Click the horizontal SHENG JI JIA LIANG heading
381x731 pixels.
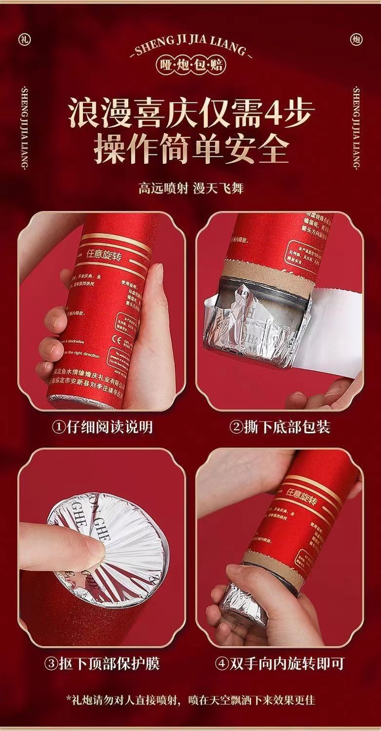191,47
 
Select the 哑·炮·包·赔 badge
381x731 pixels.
190,65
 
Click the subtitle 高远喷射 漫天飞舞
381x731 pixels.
190,188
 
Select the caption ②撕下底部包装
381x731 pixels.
280,427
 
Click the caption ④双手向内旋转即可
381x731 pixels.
280,663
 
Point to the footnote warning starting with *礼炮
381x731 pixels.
190,700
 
